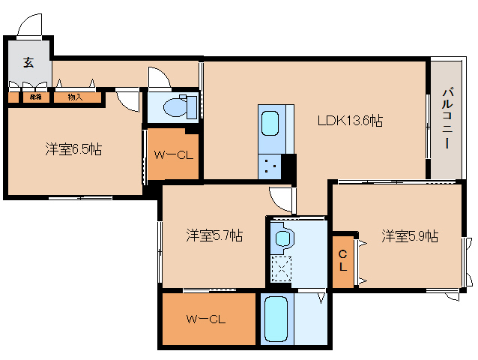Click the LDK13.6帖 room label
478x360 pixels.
coord(350,121)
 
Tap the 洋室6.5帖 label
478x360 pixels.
coord(72,149)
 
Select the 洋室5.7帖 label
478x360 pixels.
coord(214,235)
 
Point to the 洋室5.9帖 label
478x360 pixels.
coord(409,235)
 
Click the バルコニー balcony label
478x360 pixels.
coord(447,119)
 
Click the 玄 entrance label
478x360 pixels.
coord(28,63)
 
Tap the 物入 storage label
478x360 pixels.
coord(75,97)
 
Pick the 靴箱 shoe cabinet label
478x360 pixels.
coord(35,97)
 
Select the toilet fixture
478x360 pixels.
coord(177,106)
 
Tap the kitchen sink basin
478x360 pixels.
coord(271,122)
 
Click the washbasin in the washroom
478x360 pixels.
coord(283,238)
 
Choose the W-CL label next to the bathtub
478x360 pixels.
coord(206,319)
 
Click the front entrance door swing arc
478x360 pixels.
coord(31,25)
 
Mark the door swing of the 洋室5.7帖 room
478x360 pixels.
coord(282,198)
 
